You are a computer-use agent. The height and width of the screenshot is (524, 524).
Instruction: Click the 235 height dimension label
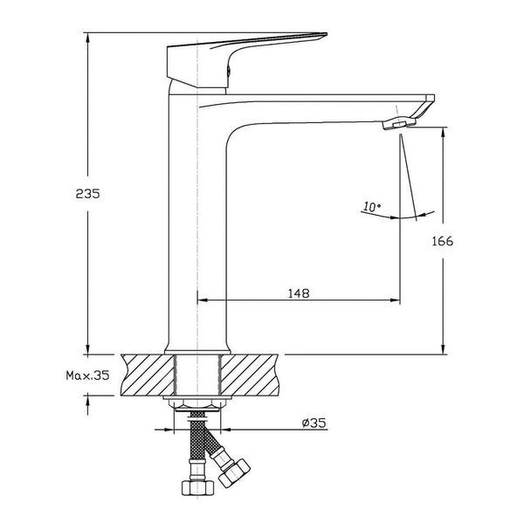coord(87,194)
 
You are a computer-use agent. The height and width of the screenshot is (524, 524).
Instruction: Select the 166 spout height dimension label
coord(443,241)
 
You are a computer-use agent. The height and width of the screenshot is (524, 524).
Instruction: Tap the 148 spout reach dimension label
coord(299,293)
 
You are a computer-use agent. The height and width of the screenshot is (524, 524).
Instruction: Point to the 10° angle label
coord(372,207)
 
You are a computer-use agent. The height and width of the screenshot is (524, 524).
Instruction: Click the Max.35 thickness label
coord(87,376)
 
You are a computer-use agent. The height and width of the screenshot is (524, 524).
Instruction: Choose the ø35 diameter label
coord(314,423)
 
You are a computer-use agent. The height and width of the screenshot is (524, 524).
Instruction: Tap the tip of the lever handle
coord(326,34)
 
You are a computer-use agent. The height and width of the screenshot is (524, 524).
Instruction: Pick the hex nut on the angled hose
coord(234,471)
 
